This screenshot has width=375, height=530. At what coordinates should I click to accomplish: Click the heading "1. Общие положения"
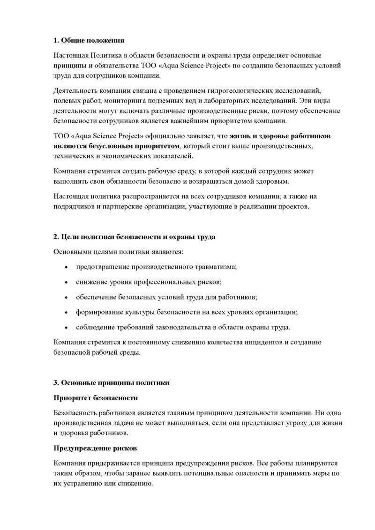89,40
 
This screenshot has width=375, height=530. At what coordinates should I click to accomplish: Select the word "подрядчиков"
76,206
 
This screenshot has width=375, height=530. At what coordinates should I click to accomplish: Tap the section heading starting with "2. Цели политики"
135,237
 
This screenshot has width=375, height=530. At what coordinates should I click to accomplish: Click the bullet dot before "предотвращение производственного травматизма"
66,267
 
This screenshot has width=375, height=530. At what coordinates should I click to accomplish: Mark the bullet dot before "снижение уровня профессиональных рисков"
66,282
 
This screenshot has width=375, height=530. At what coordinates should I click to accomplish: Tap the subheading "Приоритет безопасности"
96,398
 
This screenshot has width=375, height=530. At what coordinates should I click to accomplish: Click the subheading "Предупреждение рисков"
95,448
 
